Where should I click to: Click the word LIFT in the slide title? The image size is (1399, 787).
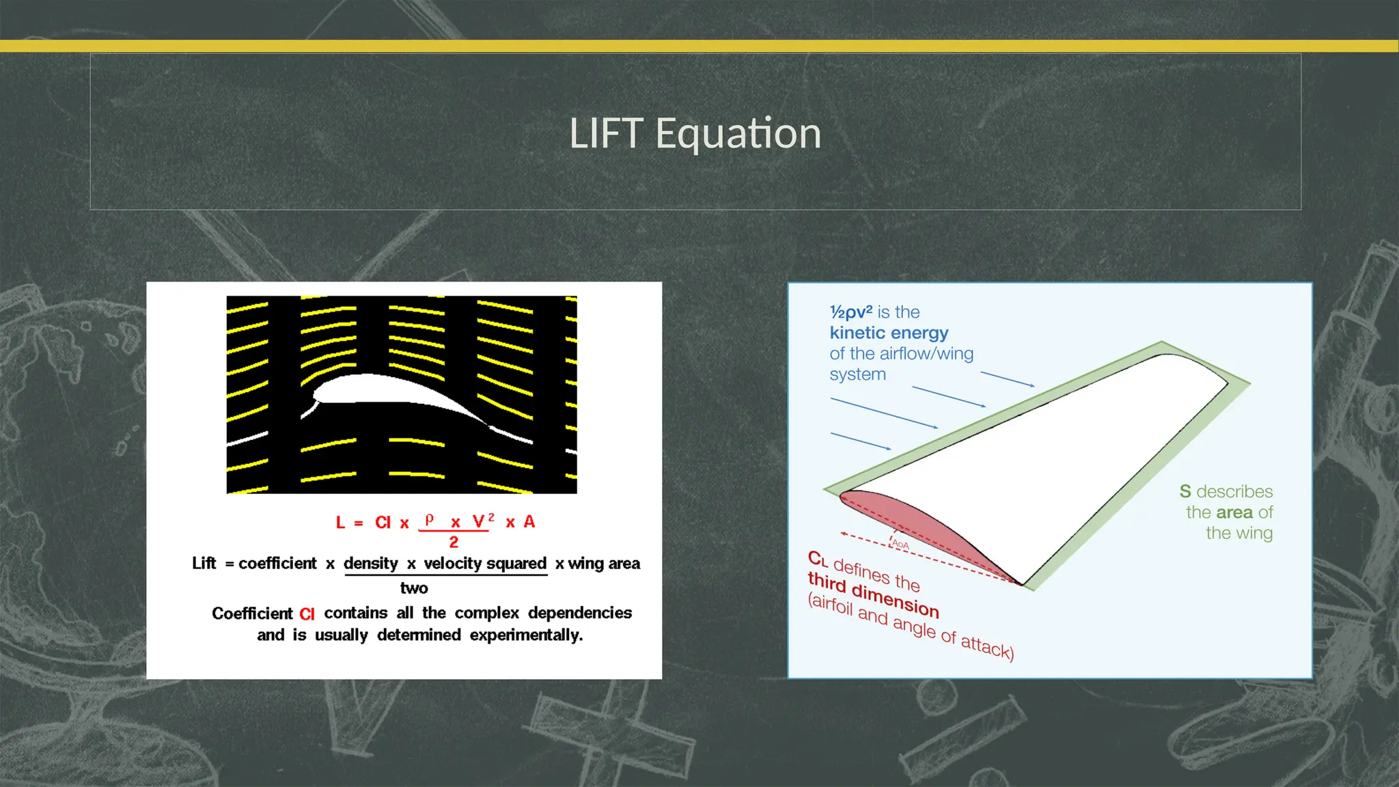(606, 133)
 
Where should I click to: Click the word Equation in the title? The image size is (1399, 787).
(738, 135)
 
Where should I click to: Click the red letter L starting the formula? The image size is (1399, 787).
(340, 523)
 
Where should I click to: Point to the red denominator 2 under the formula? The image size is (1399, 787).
(454, 542)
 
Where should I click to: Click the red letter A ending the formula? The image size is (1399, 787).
(529, 522)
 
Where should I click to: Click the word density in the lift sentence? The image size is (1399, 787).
(370, 564)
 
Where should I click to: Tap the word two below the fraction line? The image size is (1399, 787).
(414, 588)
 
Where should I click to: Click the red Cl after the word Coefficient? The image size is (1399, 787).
(307, 614)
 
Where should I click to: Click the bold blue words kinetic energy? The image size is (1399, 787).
(889, 333)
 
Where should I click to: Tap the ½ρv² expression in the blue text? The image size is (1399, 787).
(850, 312)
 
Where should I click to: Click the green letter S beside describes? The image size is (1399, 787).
(1185, 491)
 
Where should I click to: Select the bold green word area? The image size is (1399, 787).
(1234, 512)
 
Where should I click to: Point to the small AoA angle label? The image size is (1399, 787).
(900, 544)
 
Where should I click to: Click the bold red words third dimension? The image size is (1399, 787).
(873, 594)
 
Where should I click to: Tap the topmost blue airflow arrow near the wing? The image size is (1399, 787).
(1008, 379)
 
